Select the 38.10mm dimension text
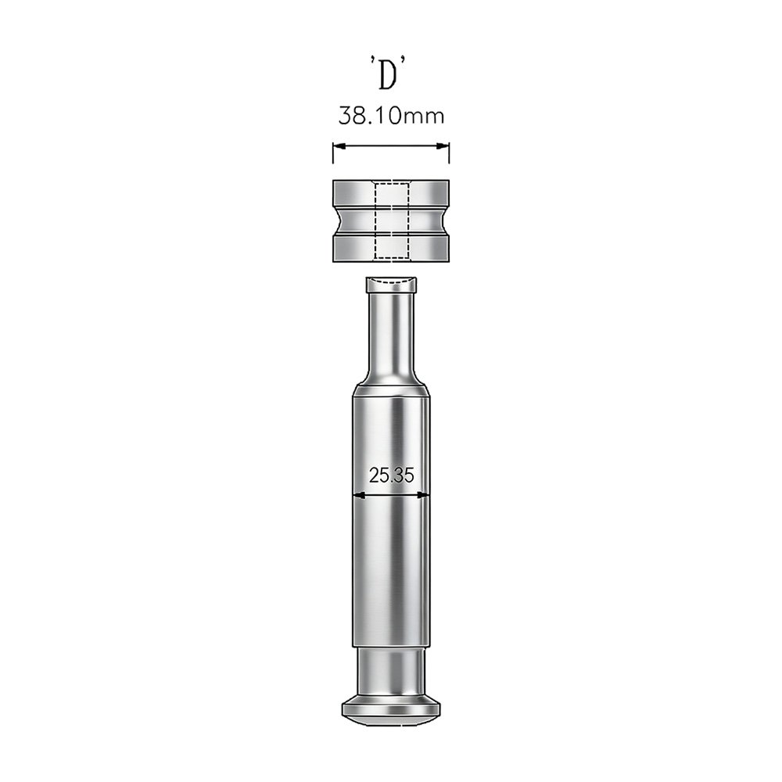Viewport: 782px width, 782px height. tap(391, 116)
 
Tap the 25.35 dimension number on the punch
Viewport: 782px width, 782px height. tap(392, 475)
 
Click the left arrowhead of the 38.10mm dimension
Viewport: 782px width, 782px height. tap(339, 146)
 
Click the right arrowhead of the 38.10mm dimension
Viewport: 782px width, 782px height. tap(443, 146)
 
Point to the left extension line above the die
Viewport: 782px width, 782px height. tap(333, 152)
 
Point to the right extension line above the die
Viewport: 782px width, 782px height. tap(450, 152)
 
